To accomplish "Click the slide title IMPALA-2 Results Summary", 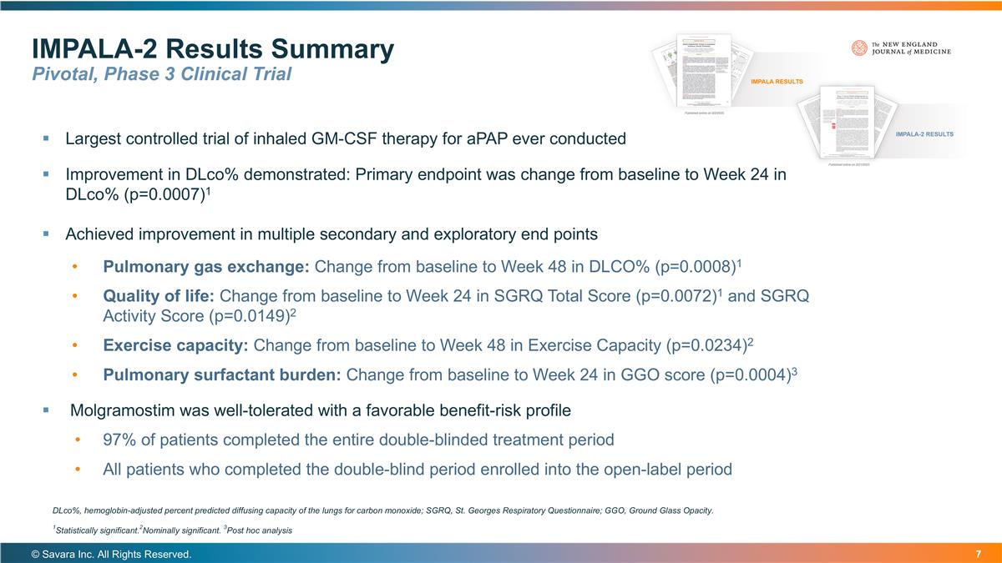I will [212, 49].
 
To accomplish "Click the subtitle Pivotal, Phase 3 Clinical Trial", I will [161, 74].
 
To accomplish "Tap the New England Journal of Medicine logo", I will [901, 48].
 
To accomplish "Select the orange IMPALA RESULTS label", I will [777, 82].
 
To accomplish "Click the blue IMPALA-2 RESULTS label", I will [924, 134].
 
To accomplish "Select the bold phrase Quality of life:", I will [159, 296].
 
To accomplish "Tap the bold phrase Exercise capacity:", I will [175, 344].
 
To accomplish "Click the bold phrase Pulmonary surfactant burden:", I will [221, 374].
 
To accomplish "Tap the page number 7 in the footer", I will [977, 555].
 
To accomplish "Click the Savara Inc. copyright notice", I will [111, 555].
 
